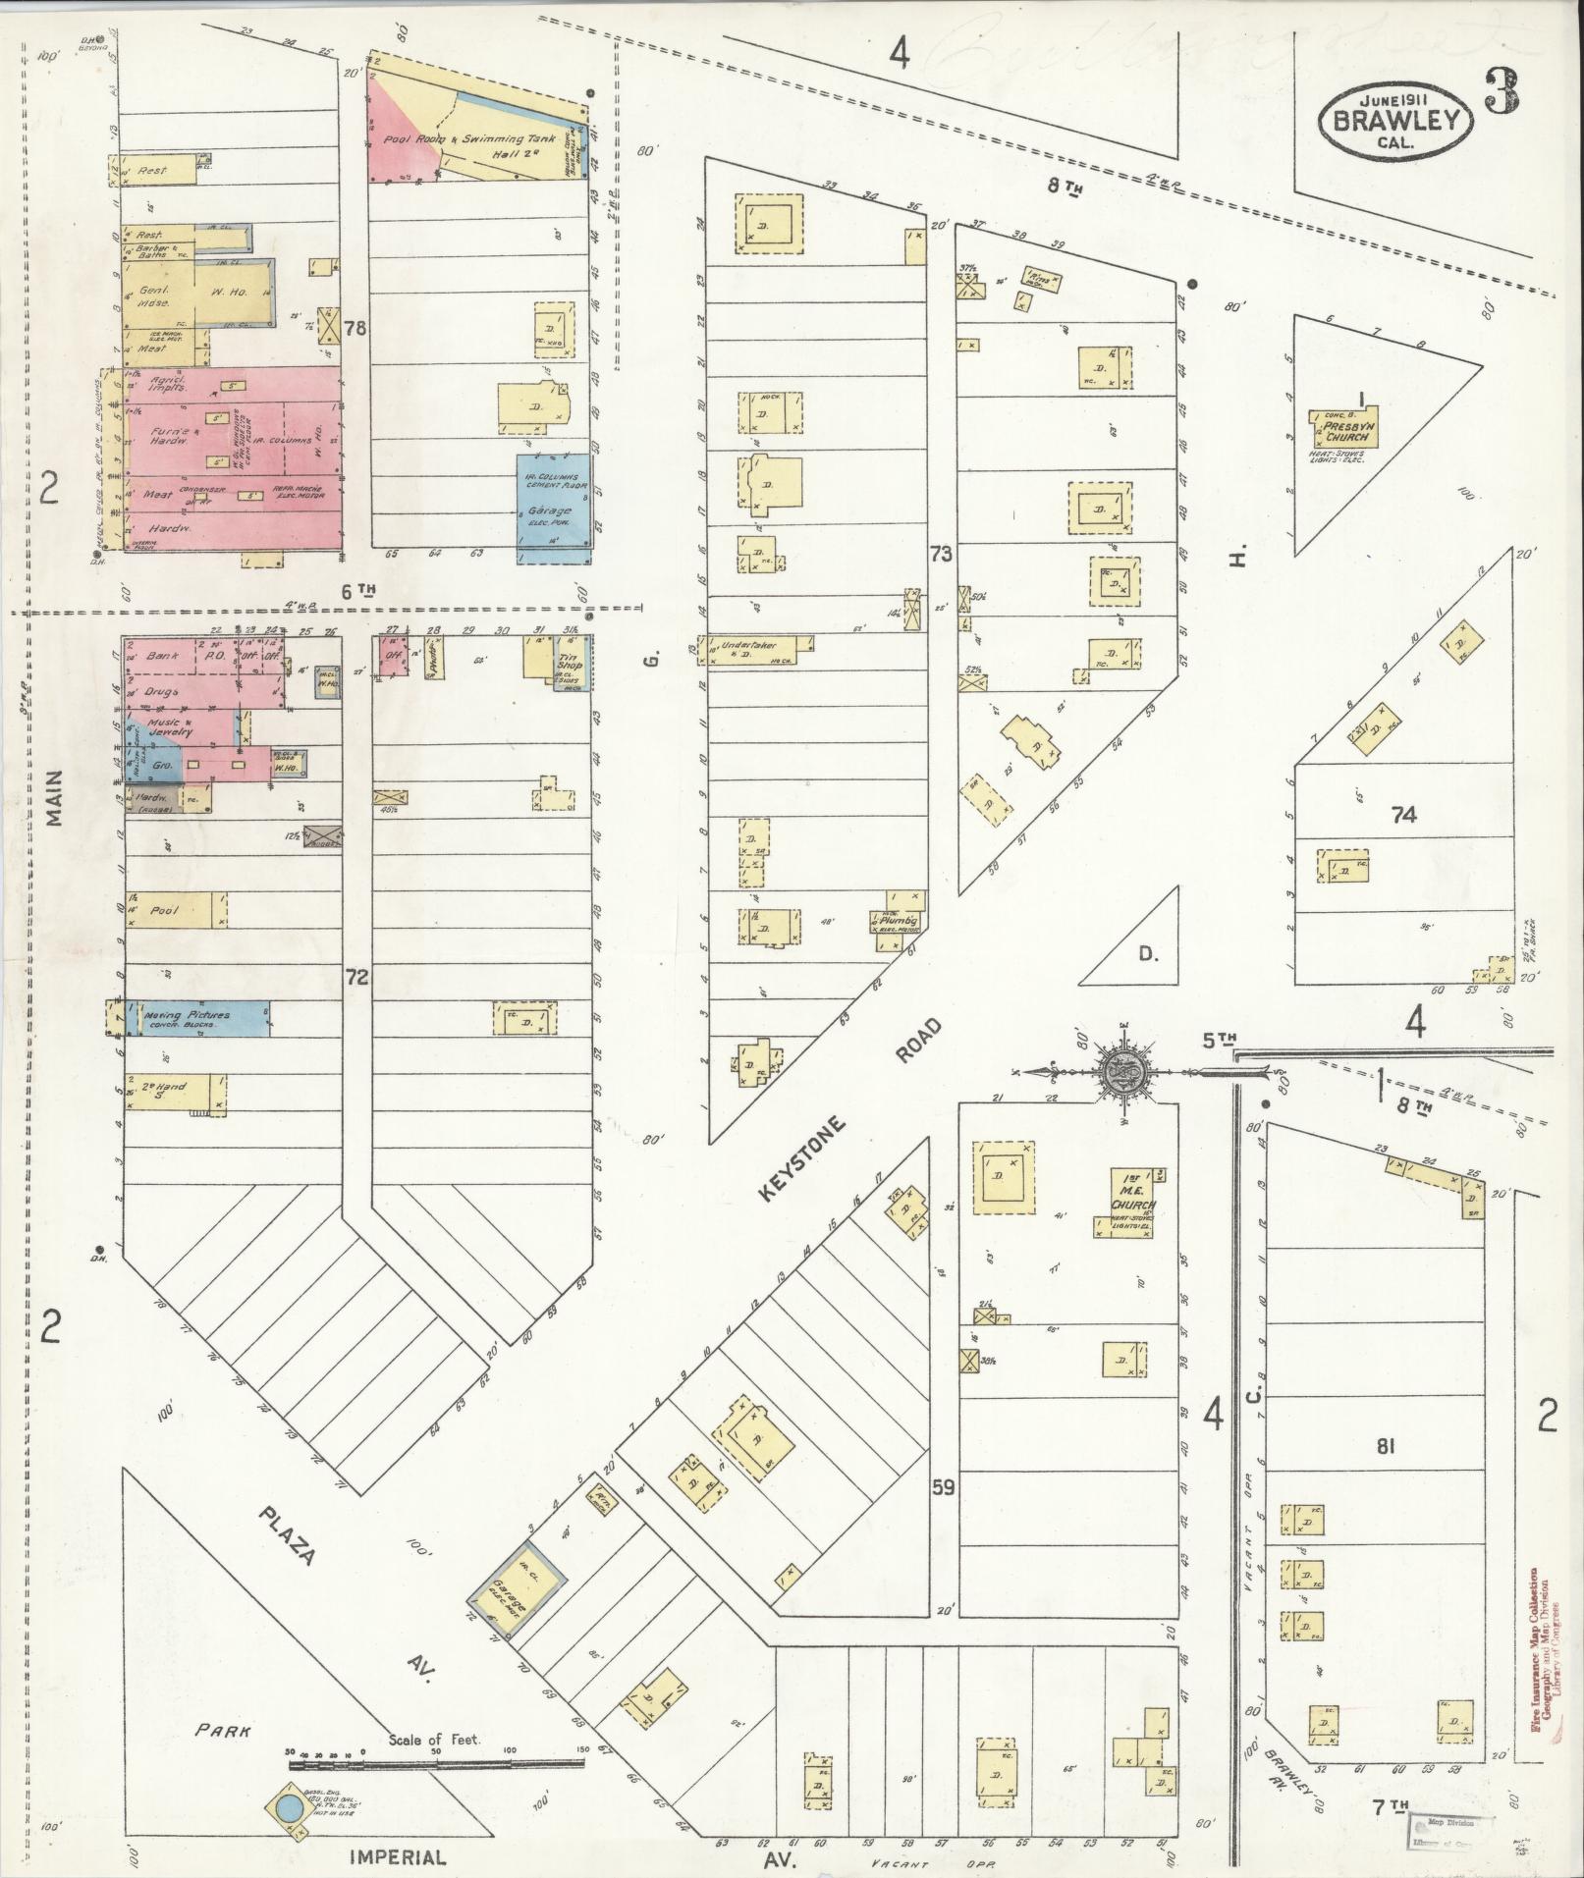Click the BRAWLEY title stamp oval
1398,121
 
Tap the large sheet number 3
1502,94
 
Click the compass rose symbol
1119,1071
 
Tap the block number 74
1403,814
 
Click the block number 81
1385,1446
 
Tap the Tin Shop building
572,661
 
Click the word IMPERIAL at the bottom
397,1857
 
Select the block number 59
943,1487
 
